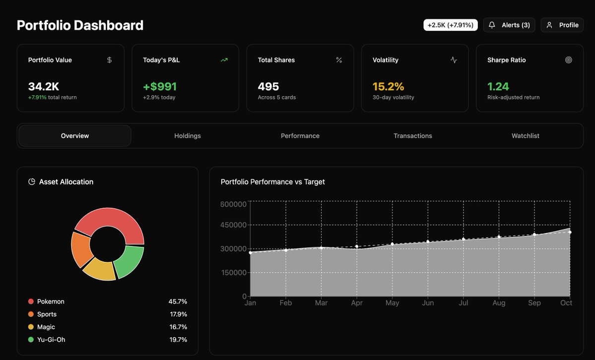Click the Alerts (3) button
509,25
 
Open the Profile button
562,25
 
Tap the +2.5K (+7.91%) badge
451,25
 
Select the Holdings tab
188,136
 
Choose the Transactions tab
413,136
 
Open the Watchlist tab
525,136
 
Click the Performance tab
300,136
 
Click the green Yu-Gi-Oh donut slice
130,261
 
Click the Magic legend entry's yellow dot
31,327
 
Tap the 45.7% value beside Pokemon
178,301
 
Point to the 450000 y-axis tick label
233,225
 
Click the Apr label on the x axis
357,302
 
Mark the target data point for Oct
570,232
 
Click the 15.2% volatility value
388,86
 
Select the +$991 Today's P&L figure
160,86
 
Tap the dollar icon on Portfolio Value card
109,60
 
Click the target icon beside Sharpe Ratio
568,60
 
